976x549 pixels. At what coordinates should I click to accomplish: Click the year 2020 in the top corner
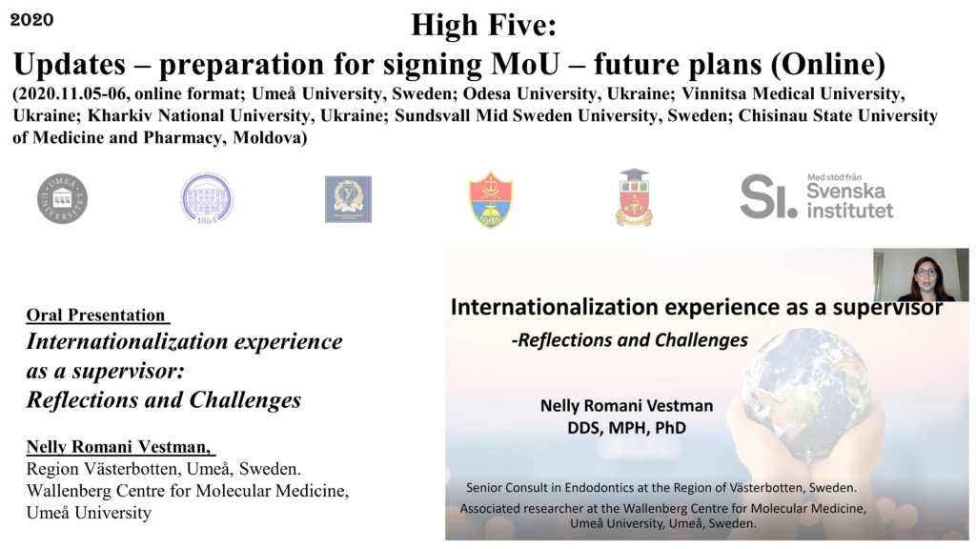point(31,20)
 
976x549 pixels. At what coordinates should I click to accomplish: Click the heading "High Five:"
point(483,26)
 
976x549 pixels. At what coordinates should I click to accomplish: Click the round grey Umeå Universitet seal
point(62,198)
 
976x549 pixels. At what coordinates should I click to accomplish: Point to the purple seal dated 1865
point(207,199)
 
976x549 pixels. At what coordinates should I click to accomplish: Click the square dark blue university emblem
point(349,199)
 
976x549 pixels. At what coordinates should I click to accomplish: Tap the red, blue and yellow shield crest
point(491,199)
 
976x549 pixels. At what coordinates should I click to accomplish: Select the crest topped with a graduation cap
point(634,197)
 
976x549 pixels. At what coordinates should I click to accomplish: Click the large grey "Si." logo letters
point(769,196)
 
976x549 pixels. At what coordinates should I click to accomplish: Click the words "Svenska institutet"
point(849,201)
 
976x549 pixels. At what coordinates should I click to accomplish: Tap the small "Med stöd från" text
point(835,176)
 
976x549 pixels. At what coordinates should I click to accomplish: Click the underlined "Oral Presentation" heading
point(96,315)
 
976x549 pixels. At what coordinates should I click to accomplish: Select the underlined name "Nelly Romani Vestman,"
point(119,446)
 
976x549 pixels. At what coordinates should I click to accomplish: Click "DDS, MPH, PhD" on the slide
point(627,428)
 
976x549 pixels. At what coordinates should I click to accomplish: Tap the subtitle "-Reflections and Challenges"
point(629,340)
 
